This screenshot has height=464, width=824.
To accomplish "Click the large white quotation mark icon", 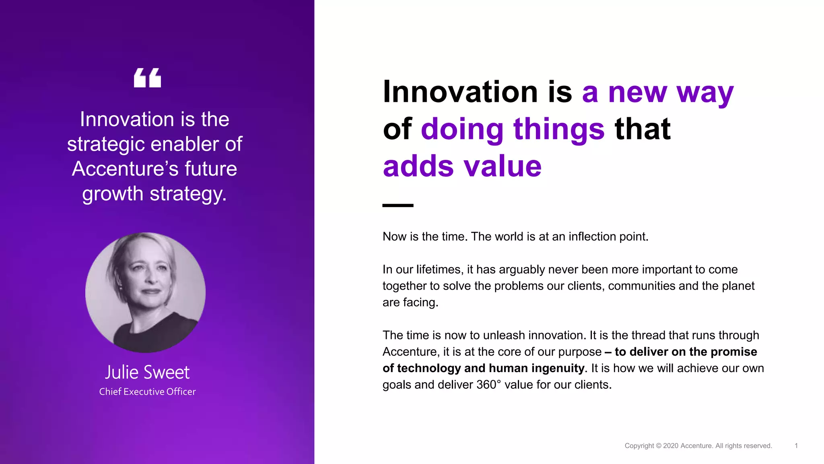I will pyautogui.click(x=147, y=78).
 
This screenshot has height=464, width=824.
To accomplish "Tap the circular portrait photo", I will pyautogui.click(x=145, y=292).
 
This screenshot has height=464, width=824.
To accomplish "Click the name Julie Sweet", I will pyautogui.click(x=147, y=372).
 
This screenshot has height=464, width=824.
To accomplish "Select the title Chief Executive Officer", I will pyautogui.click(x=147, y=391).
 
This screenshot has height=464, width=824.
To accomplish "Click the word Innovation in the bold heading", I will pyautogui.click(x=460, y=92).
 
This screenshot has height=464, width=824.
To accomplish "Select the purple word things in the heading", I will pyautogui.click(x=559, y=129).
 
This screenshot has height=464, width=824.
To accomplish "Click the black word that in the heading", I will pyautogui.click(x=643, y=129).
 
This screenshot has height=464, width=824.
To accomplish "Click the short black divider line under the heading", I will pyautogui.click(x=398, y=205).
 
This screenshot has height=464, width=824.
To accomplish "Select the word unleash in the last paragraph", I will pyautogui.click(x=504, y=335).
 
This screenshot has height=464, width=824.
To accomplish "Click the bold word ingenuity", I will pyautogui.click(x=557, y=368).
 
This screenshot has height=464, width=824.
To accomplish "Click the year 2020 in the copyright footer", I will pyautogui.click(x=670, y=446).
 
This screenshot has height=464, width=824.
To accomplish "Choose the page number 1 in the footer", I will pyautogui.click(x=796, y=446).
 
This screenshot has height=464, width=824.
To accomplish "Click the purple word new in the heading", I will pyautogui.click(x=637, y=92).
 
